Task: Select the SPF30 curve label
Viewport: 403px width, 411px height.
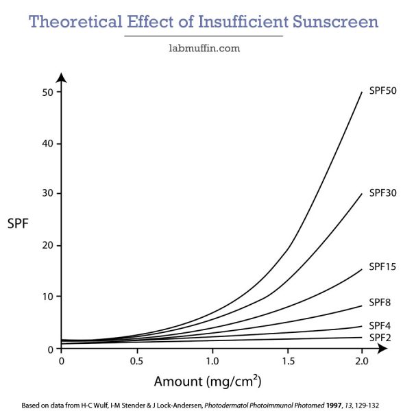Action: pos(382,193)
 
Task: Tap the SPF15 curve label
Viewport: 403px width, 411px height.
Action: pos(382,266)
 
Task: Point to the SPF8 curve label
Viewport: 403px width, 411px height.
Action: pos(380,302)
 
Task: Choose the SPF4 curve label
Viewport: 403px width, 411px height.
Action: pos(380,325)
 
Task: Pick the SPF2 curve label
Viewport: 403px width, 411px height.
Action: pos(380,338)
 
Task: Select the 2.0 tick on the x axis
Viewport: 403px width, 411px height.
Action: pos(362,361)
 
